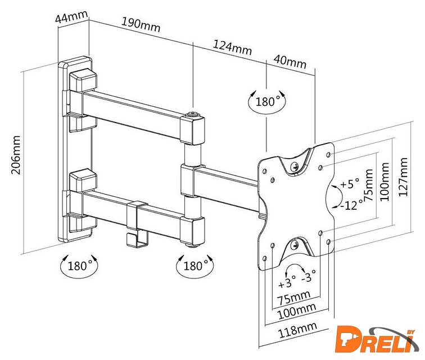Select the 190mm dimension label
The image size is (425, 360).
tap(141, 25)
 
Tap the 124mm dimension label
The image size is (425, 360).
tap(232, 47)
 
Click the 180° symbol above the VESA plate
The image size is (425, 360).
tap(268, 102)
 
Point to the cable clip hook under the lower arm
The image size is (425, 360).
tap(133, 233)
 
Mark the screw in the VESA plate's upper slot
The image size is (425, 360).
tap(295, 165)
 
